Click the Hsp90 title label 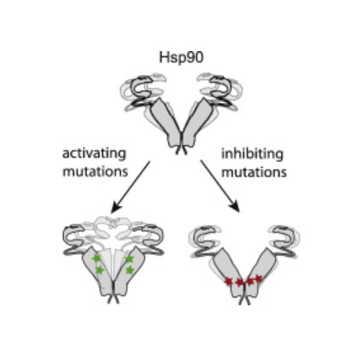(x=181, y=58)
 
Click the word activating (x=94, y=154)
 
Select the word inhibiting (x=252, y=154)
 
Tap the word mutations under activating (x=95, y=171)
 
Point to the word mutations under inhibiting (x=254, y=172)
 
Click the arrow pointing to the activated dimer (x=130, y=187)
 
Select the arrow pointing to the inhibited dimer (x=220, y=186)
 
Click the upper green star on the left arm (x=96, y=258)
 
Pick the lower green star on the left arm (x=99, y=270)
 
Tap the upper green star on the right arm (x=130, y=258)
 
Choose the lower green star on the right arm (x=130, y=270)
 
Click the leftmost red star (x=228, y=281)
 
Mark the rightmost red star (x=258, y=279)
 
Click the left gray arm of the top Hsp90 (x=166, y=122)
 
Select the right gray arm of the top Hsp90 (x=197, y=122)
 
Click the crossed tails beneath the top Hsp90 (x=181, y=150)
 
